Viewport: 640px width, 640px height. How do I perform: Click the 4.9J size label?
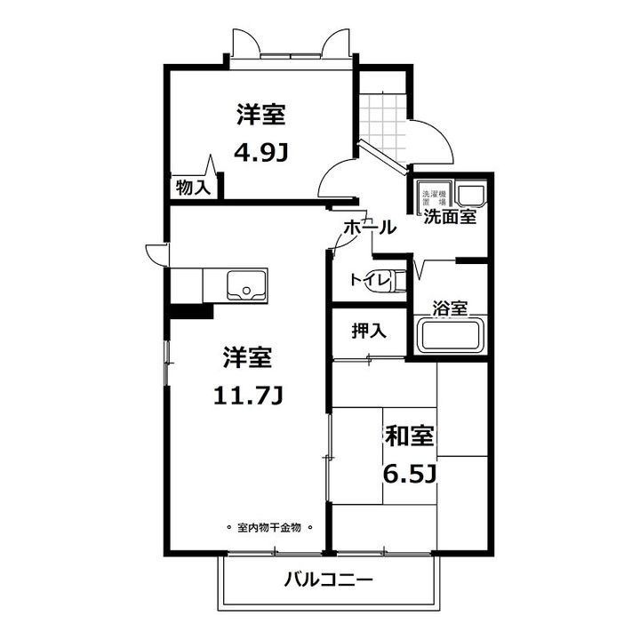[x=260, y=154]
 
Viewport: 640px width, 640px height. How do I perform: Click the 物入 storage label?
[x=193, y=188]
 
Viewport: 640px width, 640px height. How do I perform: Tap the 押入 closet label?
[x=369, y=331]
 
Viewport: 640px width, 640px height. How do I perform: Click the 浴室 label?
[x=450, y=308]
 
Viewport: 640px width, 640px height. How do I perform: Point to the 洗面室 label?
[x=449, y=215]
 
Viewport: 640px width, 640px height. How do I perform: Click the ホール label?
[x=368, y=227]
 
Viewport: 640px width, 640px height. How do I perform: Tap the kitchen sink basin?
[x=244, y=285]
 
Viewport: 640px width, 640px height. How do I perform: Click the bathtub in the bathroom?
[x=451, y=337]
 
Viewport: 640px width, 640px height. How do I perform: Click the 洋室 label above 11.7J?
[x=246, y=359]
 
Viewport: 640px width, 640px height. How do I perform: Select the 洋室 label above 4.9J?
[x=260, y=116]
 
